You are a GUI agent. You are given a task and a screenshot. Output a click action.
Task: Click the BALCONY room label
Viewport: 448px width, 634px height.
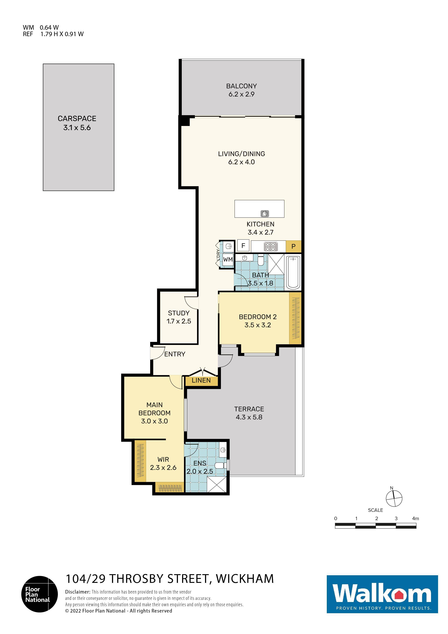coord(241,86)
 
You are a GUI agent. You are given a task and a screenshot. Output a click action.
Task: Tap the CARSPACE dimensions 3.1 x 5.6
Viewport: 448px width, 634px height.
coord(77,128)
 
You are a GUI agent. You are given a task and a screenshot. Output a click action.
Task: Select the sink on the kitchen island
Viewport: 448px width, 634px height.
coord(264,213)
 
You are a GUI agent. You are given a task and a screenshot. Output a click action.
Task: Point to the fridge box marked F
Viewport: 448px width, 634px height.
coord(243,245)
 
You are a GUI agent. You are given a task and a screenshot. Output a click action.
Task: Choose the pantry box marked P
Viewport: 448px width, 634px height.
coord(293,247)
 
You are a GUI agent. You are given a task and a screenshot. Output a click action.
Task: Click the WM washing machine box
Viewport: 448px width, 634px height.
coord(228,260)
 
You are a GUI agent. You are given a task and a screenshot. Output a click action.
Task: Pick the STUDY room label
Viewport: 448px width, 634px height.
coord(179,313)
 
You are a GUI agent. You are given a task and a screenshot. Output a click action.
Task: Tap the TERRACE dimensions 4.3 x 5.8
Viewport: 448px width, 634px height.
coord(249,417)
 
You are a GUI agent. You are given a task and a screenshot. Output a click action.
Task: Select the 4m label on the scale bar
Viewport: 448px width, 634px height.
coord(415,519)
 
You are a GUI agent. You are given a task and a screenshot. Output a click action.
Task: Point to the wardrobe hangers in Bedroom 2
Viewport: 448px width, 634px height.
coord(295,318)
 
